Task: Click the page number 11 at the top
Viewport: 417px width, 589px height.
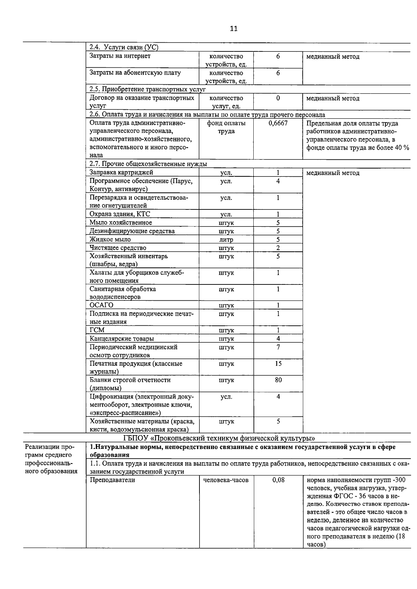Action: coord(234,28)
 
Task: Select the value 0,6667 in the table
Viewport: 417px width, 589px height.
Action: coord(278,123)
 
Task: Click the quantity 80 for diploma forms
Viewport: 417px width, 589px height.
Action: coord(278,380)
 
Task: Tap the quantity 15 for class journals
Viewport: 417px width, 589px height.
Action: coord(278,364)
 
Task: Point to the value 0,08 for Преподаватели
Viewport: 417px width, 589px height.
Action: coord(278,480)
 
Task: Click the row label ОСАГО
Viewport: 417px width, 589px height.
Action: coord(101,305)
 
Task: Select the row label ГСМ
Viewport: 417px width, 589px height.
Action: coord(97,330)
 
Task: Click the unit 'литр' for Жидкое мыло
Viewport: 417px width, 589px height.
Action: coord(226,240)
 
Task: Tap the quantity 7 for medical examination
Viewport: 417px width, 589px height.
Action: coord(278,347)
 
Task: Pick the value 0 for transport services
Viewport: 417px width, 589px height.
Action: coord(278,98)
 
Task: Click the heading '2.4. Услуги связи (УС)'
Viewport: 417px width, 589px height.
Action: coord(124,48)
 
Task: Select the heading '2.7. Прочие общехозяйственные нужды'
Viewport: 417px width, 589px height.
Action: coord(148,164)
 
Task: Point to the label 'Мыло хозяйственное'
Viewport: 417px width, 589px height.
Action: coord(121,223)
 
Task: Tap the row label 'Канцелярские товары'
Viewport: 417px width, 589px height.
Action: coord(122,339)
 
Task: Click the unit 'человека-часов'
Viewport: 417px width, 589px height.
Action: coord(226,480)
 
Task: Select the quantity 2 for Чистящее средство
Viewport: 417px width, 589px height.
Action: coord(278,248)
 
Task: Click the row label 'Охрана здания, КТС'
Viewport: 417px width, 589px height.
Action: coord(120,214)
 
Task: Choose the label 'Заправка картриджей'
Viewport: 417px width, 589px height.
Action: coord(121,173)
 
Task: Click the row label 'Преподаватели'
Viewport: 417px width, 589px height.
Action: coord(112,480)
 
